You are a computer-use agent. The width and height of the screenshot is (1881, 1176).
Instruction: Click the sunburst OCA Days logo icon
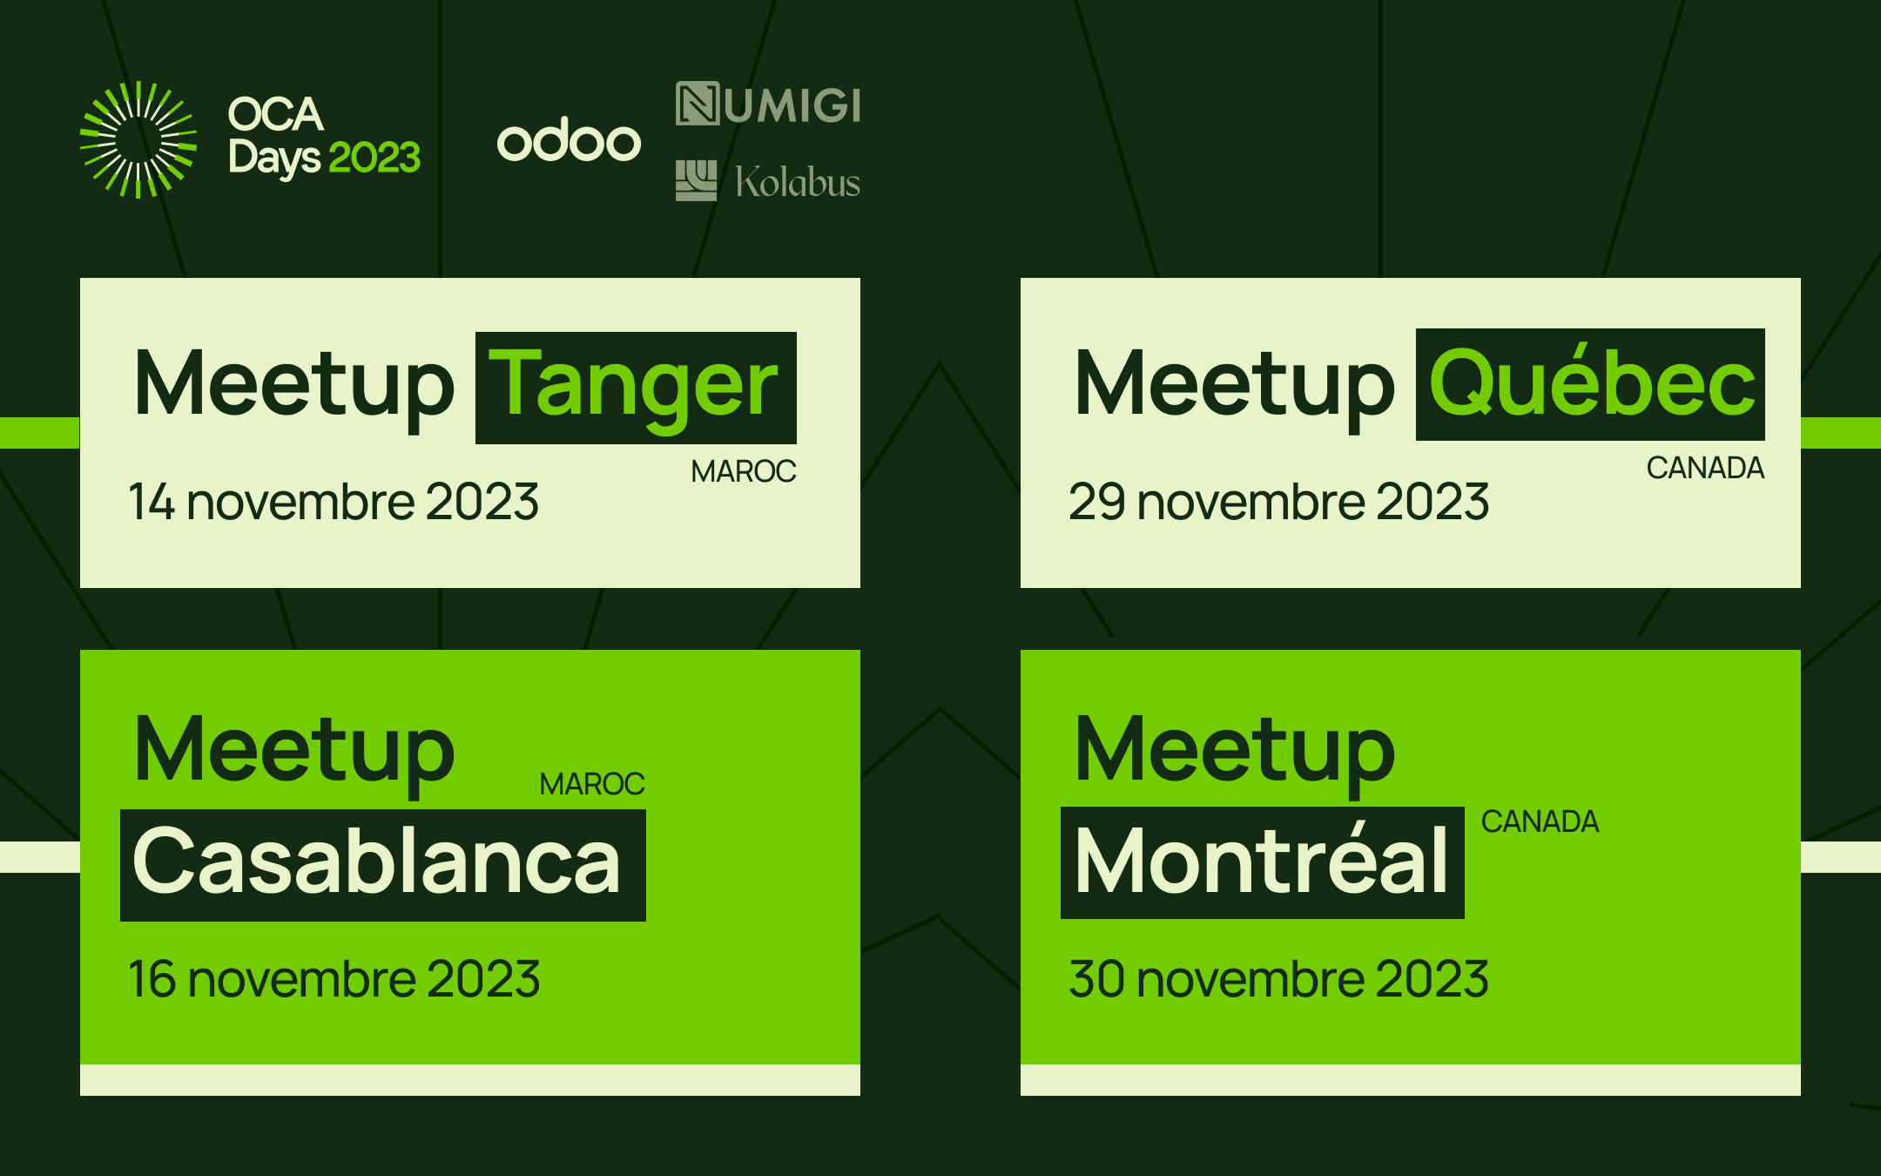point(138,139)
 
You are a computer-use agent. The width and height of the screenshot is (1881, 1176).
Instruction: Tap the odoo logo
point(569,139)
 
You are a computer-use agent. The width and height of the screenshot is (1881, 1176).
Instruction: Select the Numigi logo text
point(768,104)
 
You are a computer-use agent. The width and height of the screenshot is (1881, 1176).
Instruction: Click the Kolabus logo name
point(798,181)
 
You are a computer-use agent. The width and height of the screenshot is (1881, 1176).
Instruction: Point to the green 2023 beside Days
point(374,158)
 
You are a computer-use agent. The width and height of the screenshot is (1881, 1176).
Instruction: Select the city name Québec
point(1592,384)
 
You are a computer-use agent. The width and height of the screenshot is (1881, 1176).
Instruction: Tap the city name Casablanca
point(376,862)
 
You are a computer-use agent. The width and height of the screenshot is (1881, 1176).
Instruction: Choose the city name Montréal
point(1262,861)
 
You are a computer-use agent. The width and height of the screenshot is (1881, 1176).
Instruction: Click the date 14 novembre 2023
point(334,502)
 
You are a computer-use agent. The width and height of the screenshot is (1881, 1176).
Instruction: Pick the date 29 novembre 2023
point(1278,502)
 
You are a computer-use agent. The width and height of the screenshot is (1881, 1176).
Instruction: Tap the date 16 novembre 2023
point(334,979)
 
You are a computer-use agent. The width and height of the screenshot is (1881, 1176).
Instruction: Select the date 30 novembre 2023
point(1278,979)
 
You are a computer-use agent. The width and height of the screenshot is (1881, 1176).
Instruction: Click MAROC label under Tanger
point(744,471)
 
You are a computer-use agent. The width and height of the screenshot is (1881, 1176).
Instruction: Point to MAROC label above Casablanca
point(592,784)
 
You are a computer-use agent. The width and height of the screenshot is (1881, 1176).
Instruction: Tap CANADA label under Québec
point(1705,468)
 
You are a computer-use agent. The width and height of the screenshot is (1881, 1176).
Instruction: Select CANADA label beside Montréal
point(1540,821)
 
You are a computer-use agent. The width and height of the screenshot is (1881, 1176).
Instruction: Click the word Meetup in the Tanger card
point(294,387)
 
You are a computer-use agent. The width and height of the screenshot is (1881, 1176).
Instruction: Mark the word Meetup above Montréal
point(1235,752)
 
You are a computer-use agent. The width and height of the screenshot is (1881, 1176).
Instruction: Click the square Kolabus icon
point(697,180)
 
